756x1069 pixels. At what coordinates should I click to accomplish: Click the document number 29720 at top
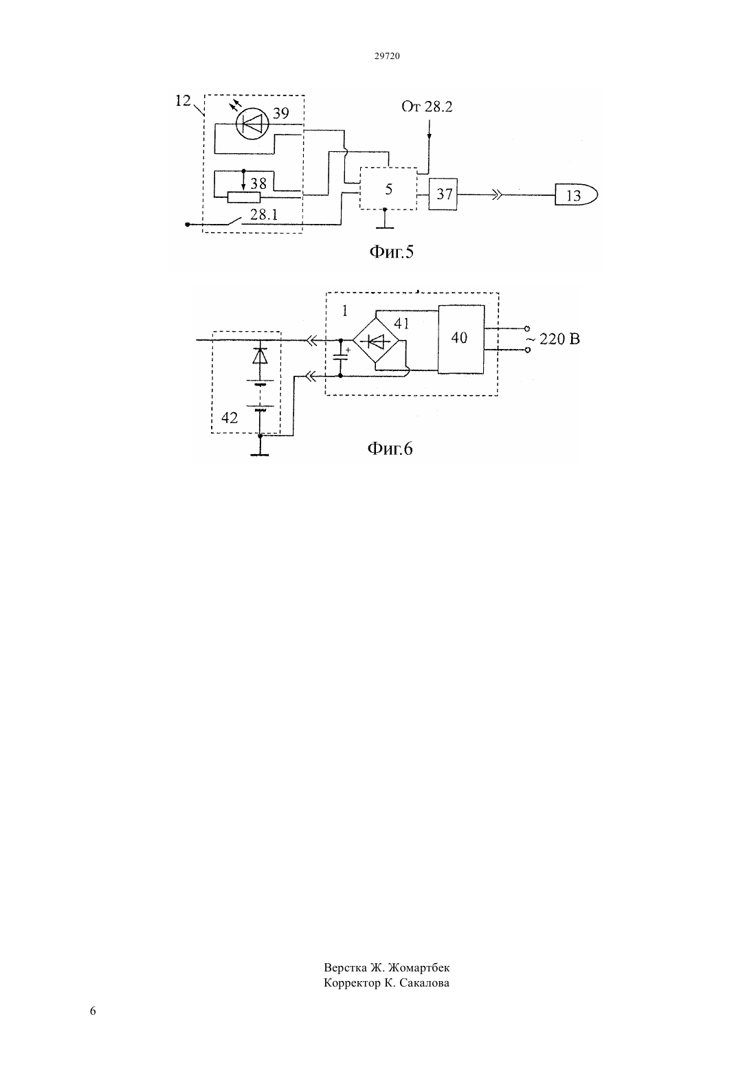[386, 56]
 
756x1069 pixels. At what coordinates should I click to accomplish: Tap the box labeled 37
[443, 194]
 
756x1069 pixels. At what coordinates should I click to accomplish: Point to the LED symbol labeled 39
[253, 124]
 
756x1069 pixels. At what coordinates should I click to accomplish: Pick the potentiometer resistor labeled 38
[244, 196]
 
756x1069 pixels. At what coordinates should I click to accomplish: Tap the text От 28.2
[427, 106]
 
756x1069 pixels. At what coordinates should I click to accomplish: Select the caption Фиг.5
[391, 251]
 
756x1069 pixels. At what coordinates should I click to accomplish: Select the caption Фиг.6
[390, 449]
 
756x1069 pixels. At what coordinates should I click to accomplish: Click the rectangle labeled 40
[461, 339]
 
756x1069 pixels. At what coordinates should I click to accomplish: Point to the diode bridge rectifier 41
[376, 340]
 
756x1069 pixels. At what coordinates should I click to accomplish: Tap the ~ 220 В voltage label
[553, 339]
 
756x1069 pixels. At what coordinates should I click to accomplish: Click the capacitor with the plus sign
[340, 357]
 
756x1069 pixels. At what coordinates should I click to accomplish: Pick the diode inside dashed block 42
[260, 356]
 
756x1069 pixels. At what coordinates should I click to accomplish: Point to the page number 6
[93, 1011]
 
